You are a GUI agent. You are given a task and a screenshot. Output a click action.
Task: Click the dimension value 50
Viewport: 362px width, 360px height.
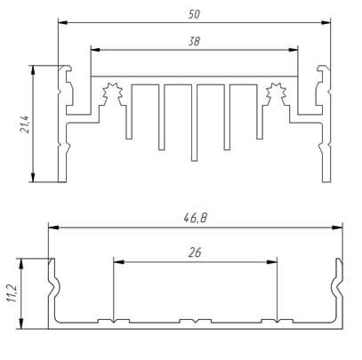pos(194,14)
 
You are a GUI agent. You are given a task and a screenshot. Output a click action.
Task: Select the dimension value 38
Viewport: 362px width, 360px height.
pos(194,42)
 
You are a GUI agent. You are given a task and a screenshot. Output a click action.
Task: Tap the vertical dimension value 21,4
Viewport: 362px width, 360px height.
pos(25,124)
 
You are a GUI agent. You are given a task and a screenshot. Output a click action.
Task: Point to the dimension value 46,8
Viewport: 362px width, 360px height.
pos(195,219)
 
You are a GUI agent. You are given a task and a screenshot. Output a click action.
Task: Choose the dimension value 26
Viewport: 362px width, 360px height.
pos(195,252)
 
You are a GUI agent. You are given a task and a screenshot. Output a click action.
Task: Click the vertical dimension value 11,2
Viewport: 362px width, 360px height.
pos(12,293)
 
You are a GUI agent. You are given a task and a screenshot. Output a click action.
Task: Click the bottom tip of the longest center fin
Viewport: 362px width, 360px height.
pos(195,161)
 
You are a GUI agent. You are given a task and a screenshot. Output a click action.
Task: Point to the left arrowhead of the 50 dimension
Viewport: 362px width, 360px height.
pos(63,22)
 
